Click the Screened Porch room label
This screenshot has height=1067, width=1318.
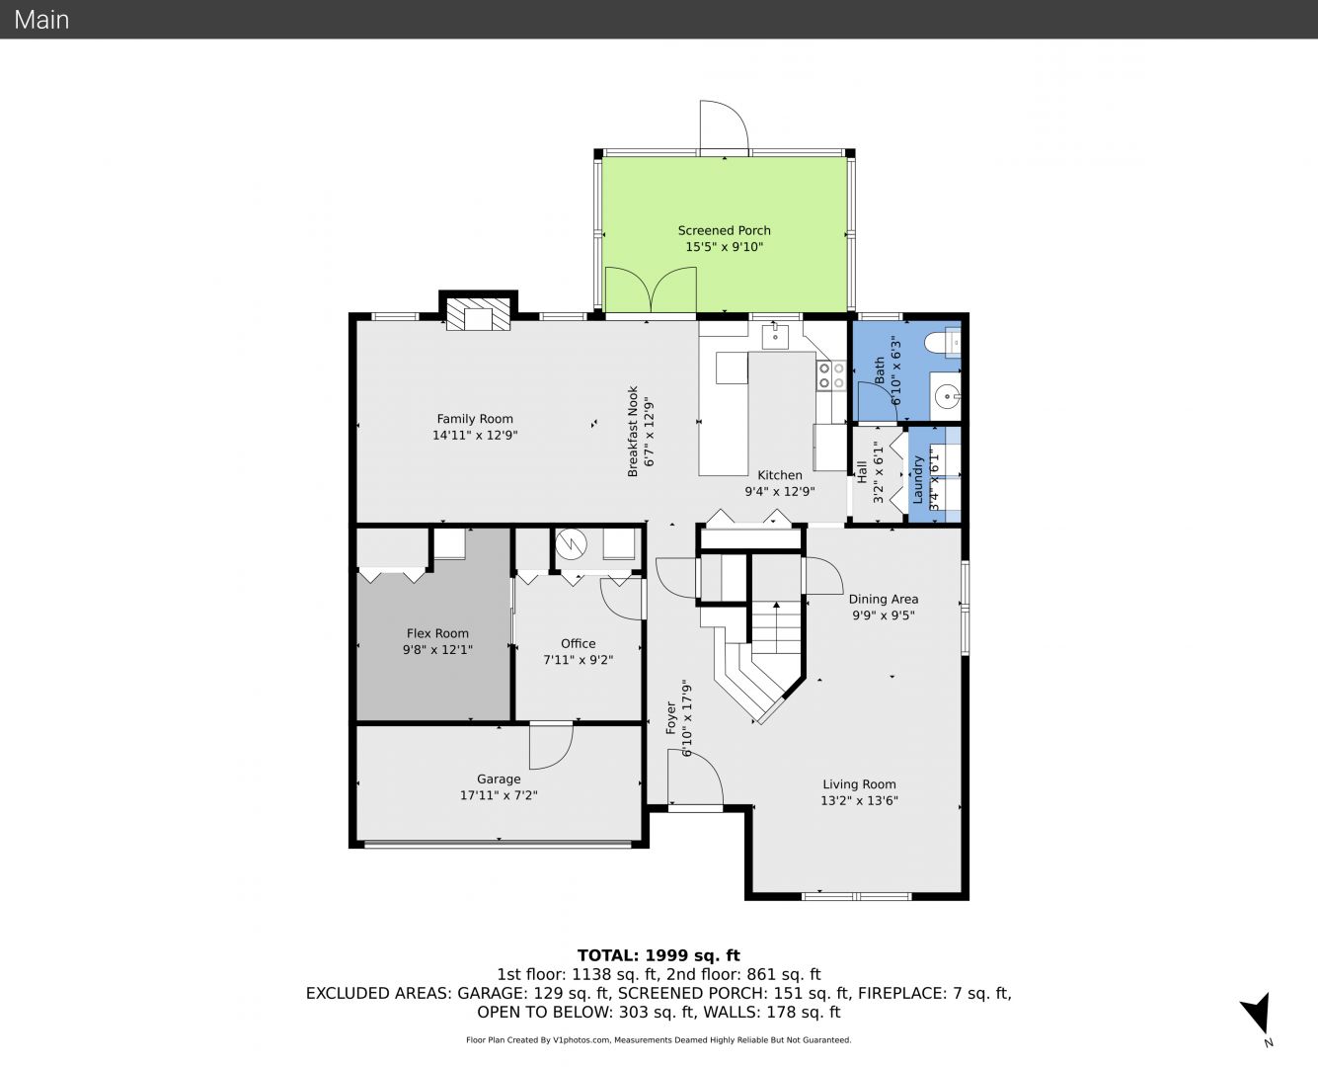(724, 230)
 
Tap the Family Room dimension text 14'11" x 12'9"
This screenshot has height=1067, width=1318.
(475, 435)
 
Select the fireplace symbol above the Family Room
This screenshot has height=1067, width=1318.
(479, 316)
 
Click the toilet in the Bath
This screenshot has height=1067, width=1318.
(943, 343)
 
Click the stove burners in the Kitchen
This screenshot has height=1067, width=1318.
(830, 374)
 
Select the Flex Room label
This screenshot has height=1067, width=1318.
(437, 633)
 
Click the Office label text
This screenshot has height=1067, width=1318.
(578, 643)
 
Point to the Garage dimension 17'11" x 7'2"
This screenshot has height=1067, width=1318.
(499, 795)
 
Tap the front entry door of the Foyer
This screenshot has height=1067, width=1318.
(695, 781)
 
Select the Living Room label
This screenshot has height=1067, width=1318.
(859, 784)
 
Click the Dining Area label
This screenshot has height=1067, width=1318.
(883, 599)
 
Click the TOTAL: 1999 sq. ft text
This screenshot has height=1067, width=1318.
(659, 955)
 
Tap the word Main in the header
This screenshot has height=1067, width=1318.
(41, 19)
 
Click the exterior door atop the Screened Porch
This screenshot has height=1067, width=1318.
(723, 126)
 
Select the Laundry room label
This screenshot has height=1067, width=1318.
(918, 478)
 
